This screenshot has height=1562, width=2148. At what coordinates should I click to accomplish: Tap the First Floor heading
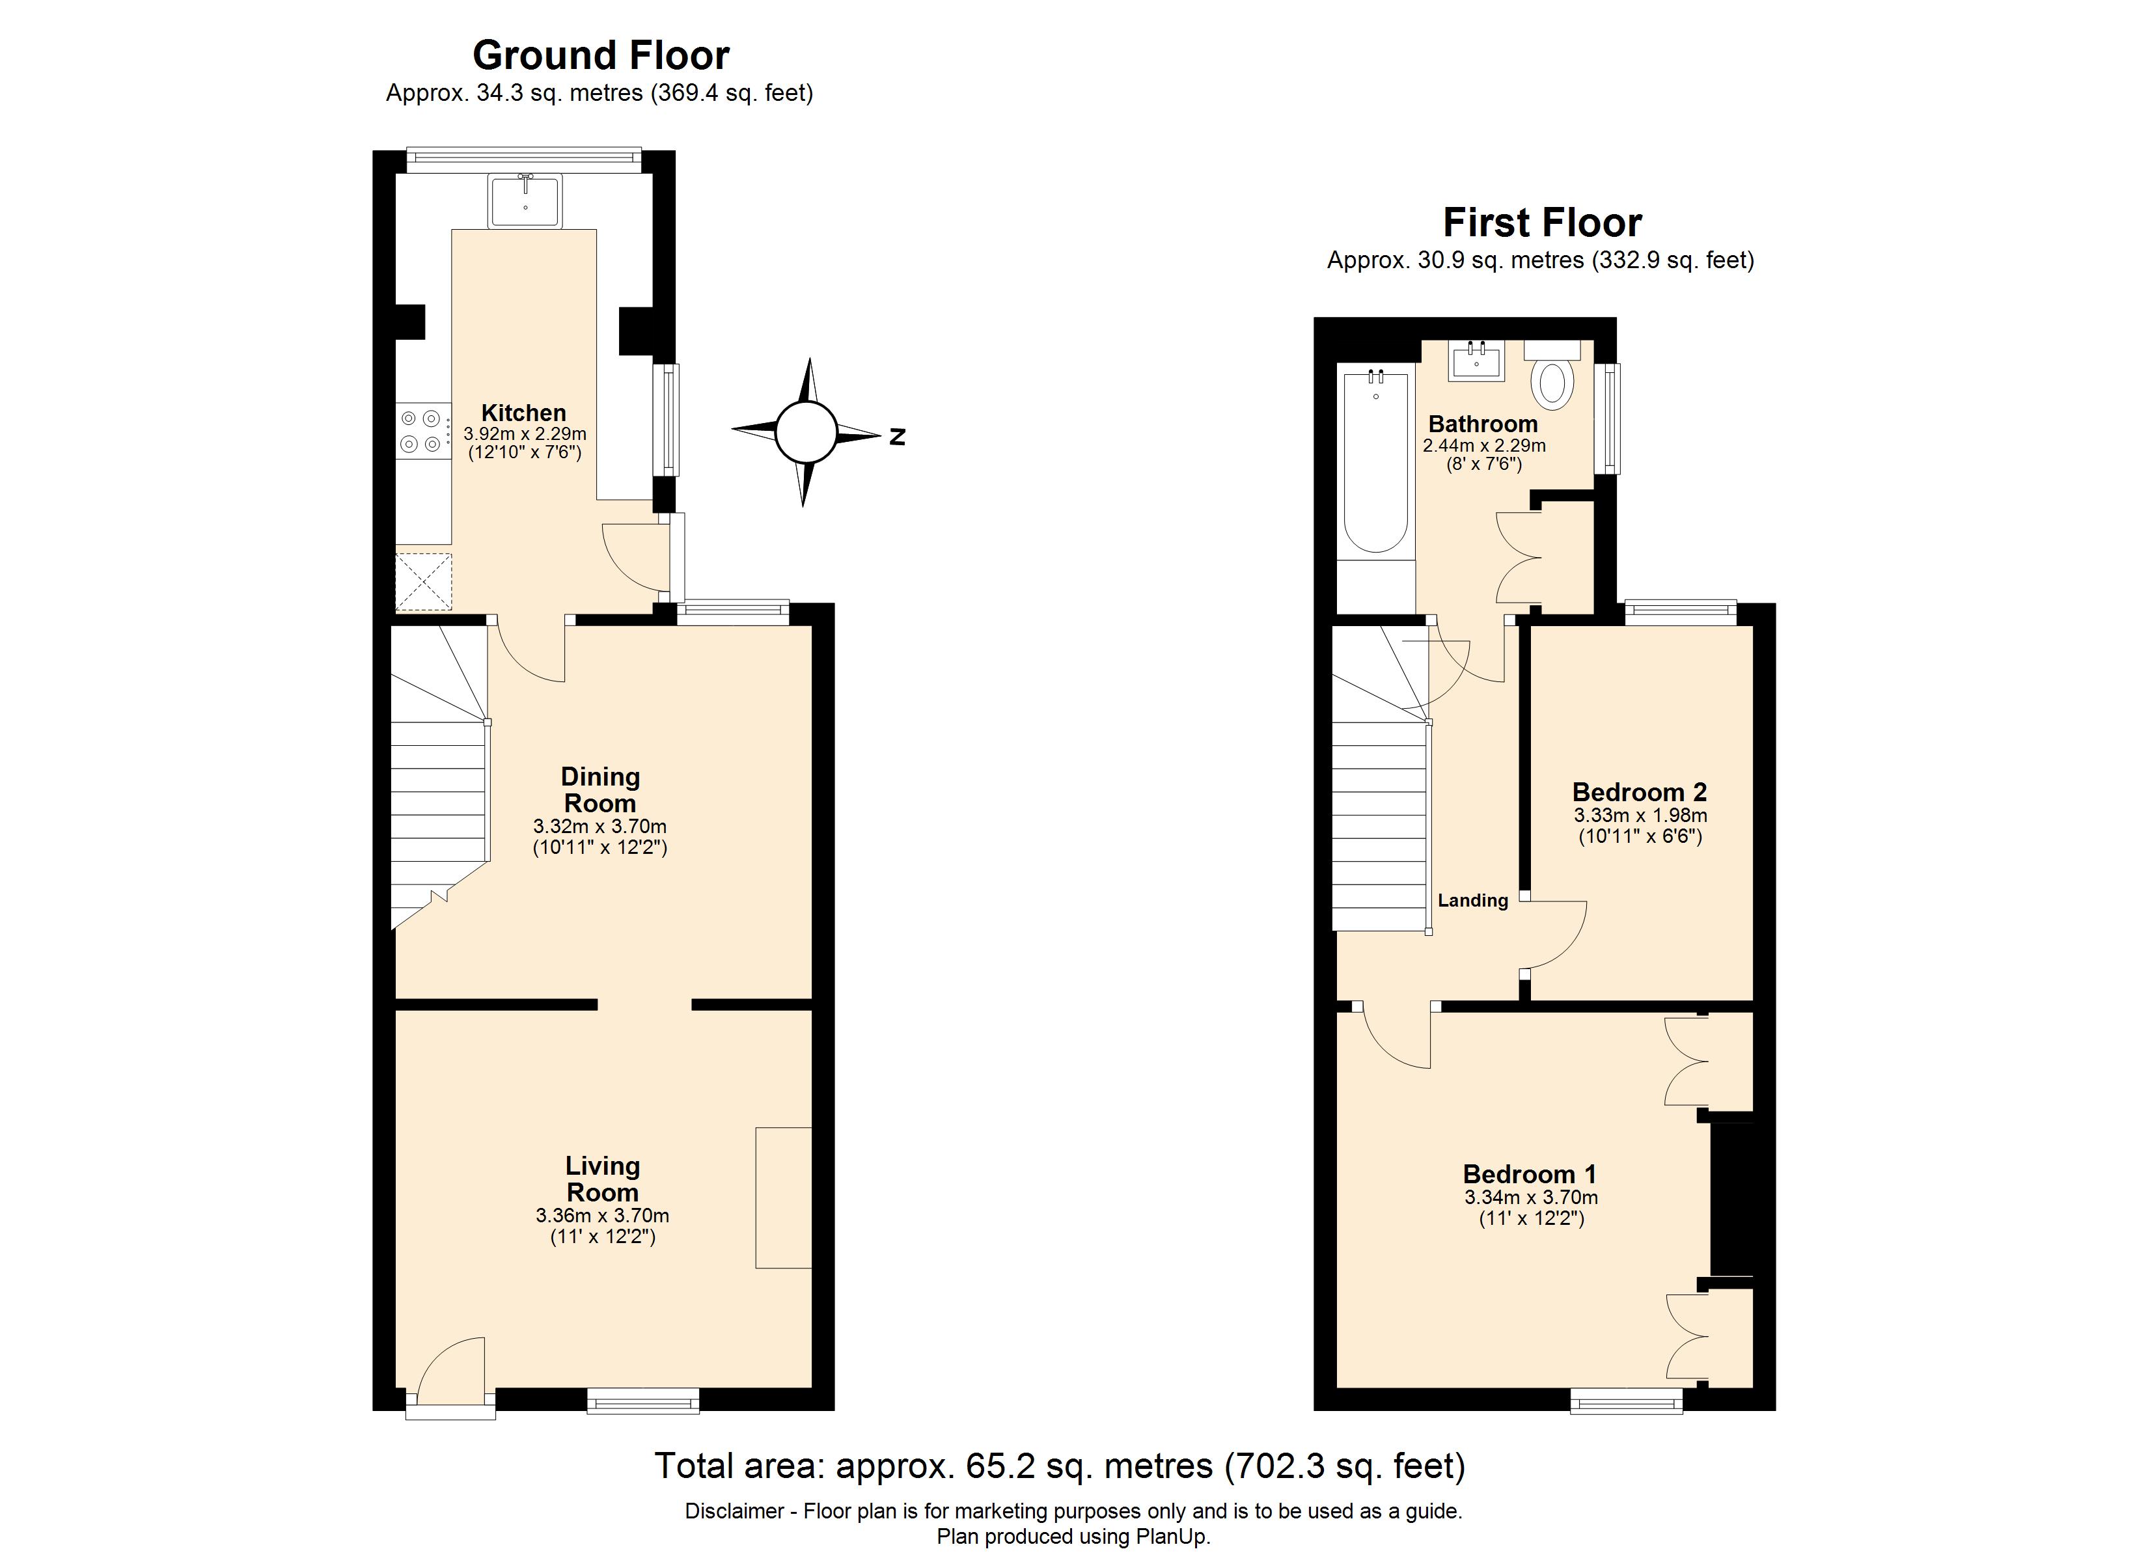click(1542, 223)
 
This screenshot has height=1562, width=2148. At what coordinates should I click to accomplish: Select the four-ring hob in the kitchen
click(422, 430)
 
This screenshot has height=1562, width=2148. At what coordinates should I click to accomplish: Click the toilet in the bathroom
click(1553, 379)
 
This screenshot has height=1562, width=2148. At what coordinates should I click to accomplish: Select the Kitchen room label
click(524, 413)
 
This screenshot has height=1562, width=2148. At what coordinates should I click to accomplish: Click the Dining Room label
click(599, 790)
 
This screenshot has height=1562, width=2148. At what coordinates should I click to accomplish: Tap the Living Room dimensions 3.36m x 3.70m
click(602, 1215)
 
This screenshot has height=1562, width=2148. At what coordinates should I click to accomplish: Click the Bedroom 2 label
click(1640, 792)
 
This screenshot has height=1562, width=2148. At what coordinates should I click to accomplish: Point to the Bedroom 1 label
click(1530, 1175)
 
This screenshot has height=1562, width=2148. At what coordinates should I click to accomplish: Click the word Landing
click(1473, 901)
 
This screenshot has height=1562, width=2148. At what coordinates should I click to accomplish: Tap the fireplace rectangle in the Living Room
click(783, 1198)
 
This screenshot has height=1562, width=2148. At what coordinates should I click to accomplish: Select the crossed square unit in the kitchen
click(423, 582)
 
